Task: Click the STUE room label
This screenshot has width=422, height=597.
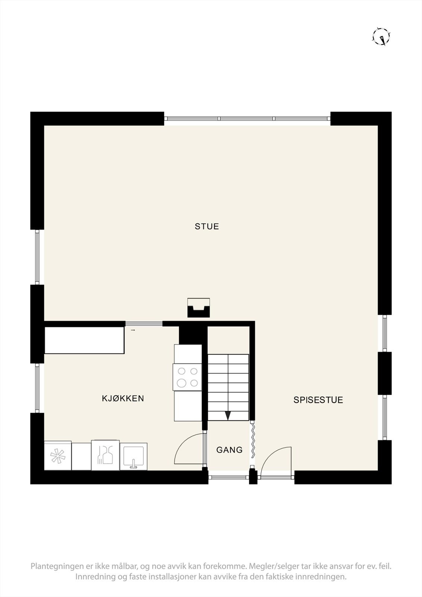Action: point(207,226)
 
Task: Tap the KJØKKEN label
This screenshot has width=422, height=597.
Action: point(123,398)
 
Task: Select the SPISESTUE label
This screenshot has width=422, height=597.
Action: point(318,400)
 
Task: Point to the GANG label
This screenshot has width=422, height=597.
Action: point(229,450)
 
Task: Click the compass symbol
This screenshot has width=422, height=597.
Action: point(381,37)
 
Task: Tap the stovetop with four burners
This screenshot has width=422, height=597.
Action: point(188,377)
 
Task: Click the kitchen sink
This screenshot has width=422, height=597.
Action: point(133,456)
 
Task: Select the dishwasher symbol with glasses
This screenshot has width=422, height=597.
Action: point(106,455)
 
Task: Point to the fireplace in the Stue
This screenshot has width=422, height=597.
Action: point(198,308)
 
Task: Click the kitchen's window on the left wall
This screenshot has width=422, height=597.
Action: point(37,388)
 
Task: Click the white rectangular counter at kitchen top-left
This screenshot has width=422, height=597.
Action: point(84,340)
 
